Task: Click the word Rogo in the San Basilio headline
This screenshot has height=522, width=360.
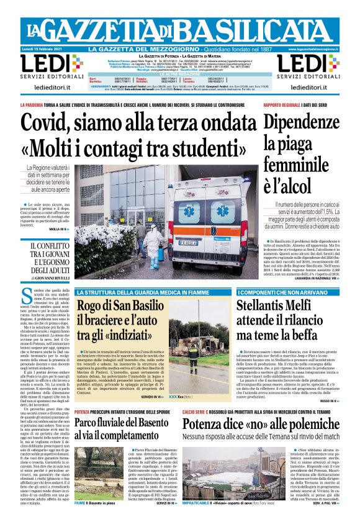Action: (x=92, y=306)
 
